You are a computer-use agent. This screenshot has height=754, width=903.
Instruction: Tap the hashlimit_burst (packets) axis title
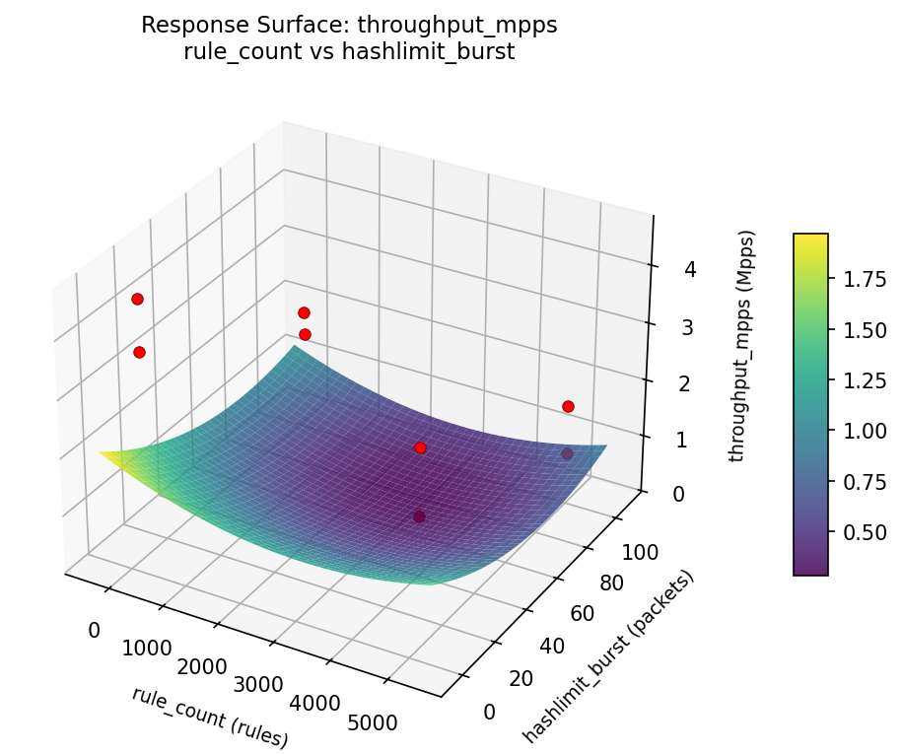click(x=608, y=655)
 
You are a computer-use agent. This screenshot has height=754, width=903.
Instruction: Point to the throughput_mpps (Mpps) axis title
click(x=746, y=346)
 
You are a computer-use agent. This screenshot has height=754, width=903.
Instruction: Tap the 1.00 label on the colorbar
click(x=864, y=431)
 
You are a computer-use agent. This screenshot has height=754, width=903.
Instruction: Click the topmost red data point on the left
click(x=137, y=299)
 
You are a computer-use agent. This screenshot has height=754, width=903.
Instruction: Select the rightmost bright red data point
click(x=568, y=406)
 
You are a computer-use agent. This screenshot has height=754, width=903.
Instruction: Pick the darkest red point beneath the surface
click(x=419, y=516)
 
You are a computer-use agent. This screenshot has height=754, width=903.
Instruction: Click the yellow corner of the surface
click(x=108, y=454)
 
